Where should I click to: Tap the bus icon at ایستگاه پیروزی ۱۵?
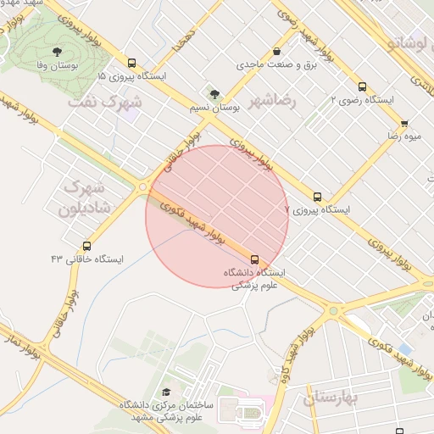[131, 63]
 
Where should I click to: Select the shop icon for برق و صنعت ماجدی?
[278, 51]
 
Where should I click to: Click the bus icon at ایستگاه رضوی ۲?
[363, 86]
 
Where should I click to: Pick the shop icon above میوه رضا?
[403, 122]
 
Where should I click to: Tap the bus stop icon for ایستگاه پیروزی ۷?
[318, 196]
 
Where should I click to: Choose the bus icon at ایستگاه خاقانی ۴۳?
[86, 246]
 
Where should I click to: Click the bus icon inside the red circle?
[254, 259]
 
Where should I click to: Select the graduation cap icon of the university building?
[166, 391]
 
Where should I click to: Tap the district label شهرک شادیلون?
[82, 197]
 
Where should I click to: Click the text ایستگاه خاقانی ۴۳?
[86, 259]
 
